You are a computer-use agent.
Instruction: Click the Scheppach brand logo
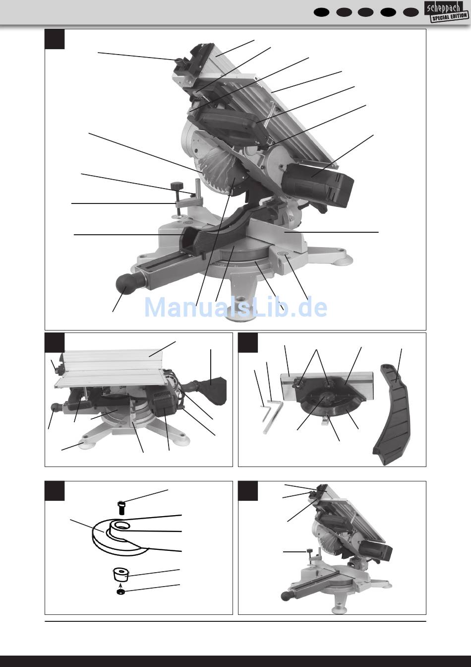click(444, 7)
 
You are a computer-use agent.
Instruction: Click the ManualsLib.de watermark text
click(235, 307)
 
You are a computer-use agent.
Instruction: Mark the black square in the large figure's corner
click(55, 39)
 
